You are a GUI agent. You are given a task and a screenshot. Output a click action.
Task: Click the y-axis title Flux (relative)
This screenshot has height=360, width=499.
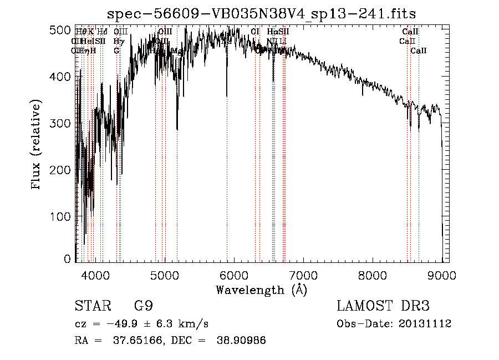37,145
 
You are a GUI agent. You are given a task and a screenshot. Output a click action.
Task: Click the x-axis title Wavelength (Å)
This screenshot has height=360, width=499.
261,290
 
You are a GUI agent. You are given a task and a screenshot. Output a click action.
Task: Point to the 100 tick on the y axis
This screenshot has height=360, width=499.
62,216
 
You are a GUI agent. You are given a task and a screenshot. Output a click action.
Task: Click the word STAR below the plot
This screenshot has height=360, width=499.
92,306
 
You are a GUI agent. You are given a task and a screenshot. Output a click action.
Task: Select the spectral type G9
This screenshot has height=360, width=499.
143,306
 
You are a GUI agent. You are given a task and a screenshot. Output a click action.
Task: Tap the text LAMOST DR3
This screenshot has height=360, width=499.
383,306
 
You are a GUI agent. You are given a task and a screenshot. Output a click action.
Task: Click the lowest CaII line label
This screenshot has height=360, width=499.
419,51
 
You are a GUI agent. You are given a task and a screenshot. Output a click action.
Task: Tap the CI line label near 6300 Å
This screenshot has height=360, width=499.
255,32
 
